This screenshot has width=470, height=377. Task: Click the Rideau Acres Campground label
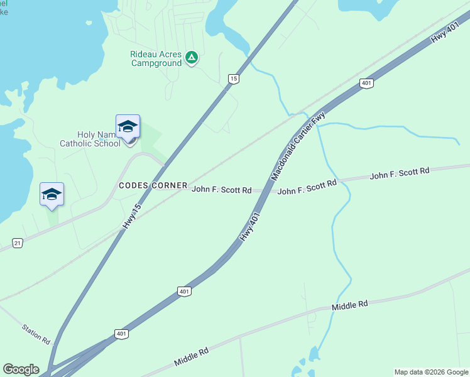(156, 58)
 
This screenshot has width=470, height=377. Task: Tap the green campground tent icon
(192, 58)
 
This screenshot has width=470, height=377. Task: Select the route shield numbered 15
(233, 79)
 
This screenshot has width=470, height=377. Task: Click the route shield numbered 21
(17, 243)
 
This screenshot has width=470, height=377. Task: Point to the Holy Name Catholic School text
(89, 139)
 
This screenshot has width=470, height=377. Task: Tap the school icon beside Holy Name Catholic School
(128, 126)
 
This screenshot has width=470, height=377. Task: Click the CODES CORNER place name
(153, 185)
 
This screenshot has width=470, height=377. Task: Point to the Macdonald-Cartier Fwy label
(298, 146)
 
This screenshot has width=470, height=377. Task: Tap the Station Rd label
(36, 334)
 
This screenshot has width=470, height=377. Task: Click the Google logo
(21, 369)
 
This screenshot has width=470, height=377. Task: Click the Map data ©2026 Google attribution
(431, 372)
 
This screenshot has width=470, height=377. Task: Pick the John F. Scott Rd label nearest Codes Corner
(221, 189)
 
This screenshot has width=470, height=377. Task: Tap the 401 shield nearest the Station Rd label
(121, 333)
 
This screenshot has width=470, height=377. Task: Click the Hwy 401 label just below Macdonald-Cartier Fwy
(249, 225)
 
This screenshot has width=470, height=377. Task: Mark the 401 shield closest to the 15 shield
(366, 83)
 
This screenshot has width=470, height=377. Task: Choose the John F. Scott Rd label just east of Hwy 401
(307, 187)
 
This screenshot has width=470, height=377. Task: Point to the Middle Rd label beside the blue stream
(349, 305)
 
